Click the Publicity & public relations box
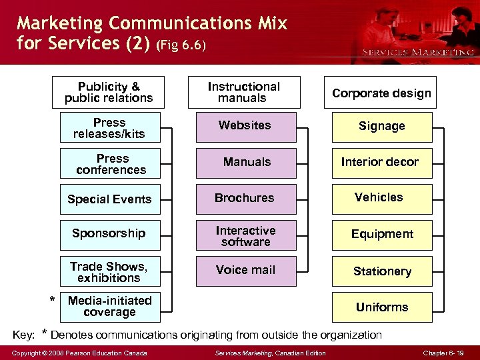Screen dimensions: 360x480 [x=109, y=93]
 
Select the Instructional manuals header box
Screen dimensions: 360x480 [x=243, y=93]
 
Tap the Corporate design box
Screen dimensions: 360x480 [x=381, y=93]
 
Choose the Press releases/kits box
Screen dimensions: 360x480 [x=110, y=128]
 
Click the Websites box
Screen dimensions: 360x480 [x=245, y=126]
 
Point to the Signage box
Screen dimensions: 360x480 [x=381, y=127]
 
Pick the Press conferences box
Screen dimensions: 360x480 [x=110, y=164]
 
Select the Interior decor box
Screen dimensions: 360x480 [x=380, y=163]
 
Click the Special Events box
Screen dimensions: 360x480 [x=110, y=199]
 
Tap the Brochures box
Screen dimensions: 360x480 [x=245, y=199]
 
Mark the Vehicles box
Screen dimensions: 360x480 [x=379, y=198]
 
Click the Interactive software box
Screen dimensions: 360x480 [x=245, y=235]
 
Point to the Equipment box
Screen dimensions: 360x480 [x=382, y=235]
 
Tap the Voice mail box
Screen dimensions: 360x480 [x=245, y=271]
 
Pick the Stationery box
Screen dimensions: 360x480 [x=382, y=271]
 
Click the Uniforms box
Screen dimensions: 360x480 [x=382, y=307]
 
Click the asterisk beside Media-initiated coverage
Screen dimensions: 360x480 [x=53, y=301]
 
